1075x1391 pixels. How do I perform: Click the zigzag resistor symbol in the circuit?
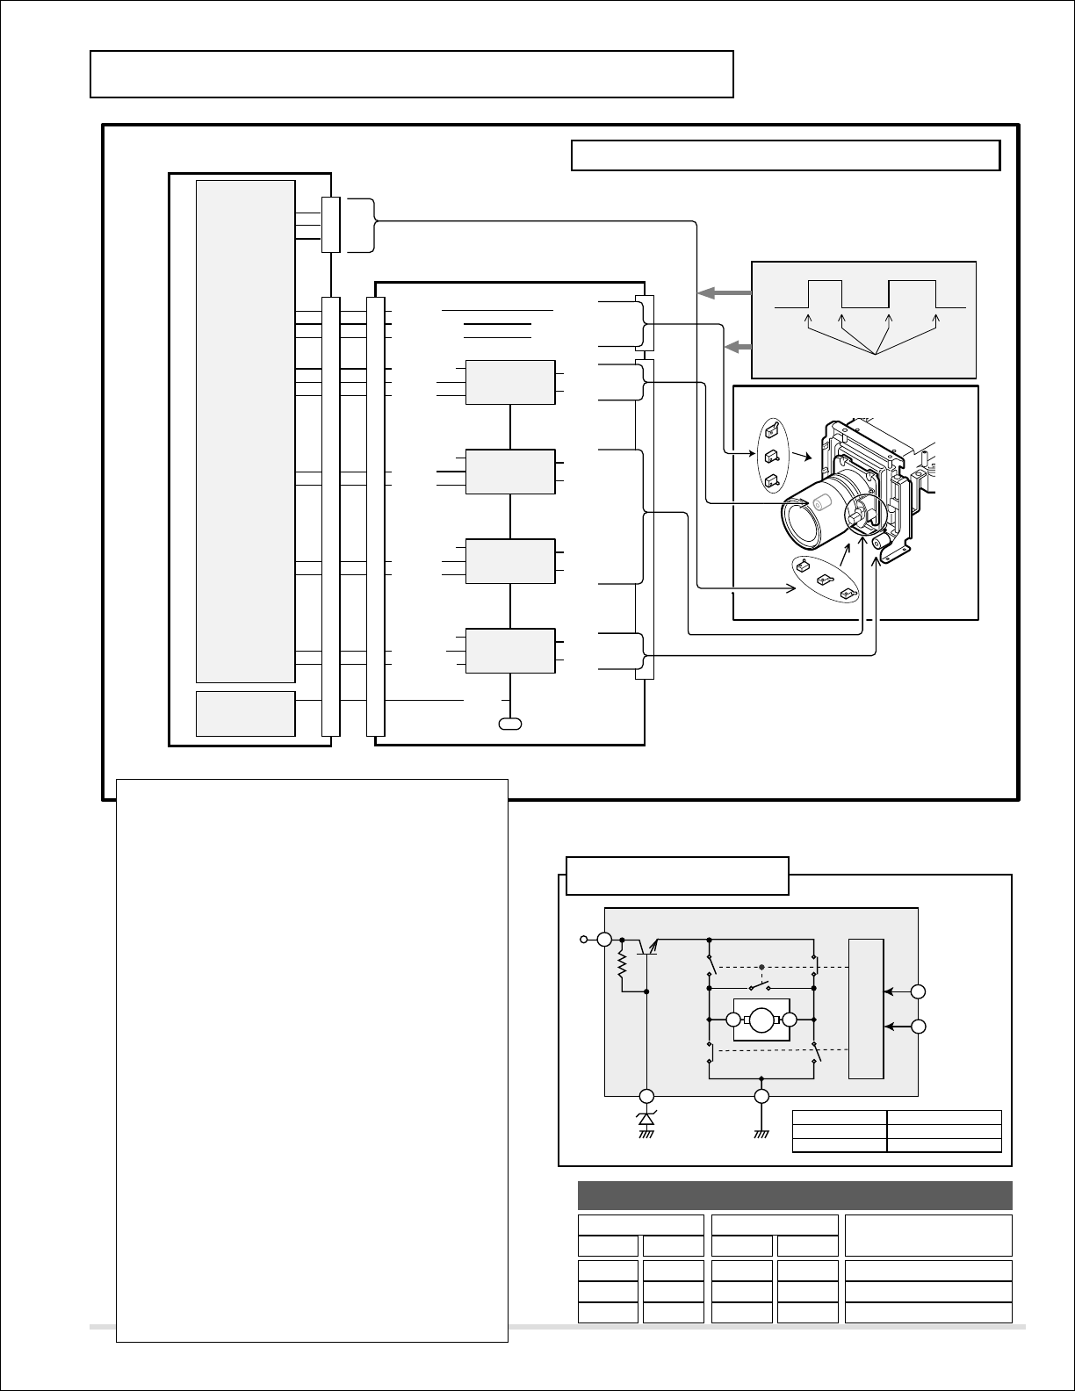point(623,969)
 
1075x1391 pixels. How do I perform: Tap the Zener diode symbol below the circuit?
point(646,1119)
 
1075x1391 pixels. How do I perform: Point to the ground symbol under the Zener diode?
point(646,1134)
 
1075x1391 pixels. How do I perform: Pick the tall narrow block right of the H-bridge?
point(866,1008)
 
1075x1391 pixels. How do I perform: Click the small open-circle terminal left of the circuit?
point(583,940)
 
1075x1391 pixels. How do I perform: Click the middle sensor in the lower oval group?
point(825,580)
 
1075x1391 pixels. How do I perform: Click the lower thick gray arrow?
point(739,348)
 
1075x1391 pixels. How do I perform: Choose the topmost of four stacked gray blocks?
point(510,382)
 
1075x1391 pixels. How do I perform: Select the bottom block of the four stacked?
point(510,651)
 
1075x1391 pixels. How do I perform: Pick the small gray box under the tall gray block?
point(245,713)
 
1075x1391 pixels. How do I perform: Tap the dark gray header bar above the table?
point(794,1196)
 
